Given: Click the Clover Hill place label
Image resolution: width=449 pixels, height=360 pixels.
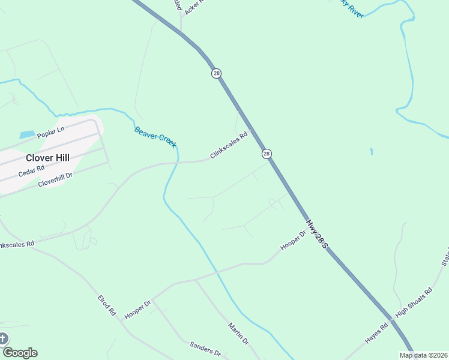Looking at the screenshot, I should coord(47,158).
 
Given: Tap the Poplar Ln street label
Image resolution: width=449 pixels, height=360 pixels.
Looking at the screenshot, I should coord(50,133).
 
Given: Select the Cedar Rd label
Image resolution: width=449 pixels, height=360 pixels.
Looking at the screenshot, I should coord(31,170).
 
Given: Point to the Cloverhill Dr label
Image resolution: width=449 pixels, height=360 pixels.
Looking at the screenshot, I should coord(55,179).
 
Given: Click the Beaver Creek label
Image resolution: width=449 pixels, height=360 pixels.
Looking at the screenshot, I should coord(155,137).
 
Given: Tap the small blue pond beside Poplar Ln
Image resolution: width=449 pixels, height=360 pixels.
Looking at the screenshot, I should coord(26,134).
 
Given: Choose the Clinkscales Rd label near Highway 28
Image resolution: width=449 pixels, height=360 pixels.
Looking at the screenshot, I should coord(229,146).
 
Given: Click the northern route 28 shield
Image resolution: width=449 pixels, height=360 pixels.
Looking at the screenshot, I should coord(216,73).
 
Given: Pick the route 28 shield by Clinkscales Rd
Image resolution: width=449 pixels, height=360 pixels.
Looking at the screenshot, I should coord(267,154).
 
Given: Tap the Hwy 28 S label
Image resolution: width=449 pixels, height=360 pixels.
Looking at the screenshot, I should coord(316,234).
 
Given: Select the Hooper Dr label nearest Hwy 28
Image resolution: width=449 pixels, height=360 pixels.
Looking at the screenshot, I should coord(293,240).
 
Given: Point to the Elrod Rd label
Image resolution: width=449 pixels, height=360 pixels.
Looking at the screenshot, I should coord(107,305).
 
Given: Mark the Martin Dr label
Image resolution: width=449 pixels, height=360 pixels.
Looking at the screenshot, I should coord(238,333).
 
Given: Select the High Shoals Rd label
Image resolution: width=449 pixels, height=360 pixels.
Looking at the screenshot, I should coord(414,304).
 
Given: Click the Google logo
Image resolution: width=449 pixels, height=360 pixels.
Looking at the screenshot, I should coord(19,353).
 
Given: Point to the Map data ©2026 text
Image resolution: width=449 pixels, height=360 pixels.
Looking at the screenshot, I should coord(424,355).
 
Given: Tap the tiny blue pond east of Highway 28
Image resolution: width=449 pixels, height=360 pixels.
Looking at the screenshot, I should coord(372,151).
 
